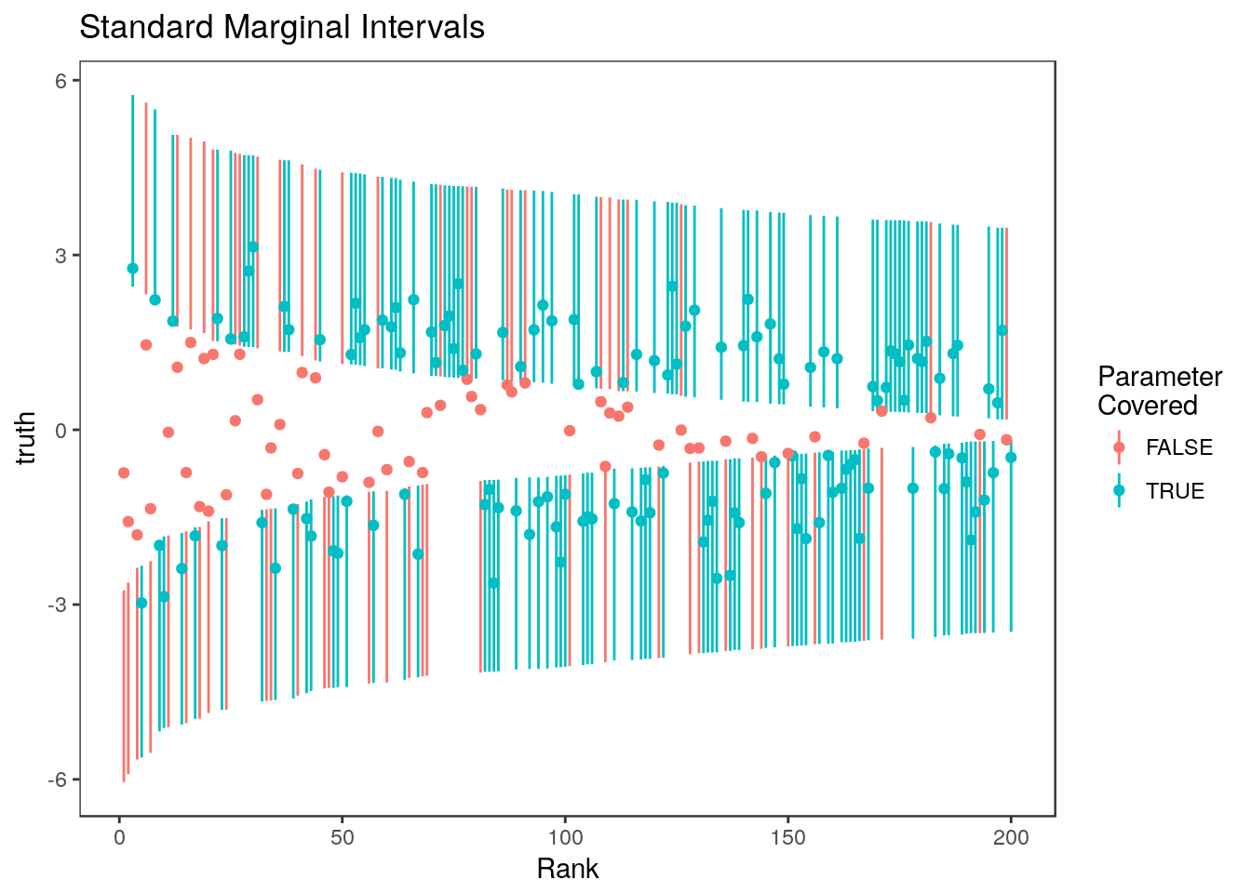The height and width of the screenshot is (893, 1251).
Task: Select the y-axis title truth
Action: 27,438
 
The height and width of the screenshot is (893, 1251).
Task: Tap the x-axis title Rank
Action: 568,869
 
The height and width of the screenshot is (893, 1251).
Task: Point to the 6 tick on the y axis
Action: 62,81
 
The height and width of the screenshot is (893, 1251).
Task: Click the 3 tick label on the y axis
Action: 62,256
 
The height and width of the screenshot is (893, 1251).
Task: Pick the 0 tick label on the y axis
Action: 62,431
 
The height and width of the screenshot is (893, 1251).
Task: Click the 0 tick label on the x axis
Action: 119,838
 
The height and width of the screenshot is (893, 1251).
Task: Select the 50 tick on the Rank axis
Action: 342,838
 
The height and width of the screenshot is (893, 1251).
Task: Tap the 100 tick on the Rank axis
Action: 565,838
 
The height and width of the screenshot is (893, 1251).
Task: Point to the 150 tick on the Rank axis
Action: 787,838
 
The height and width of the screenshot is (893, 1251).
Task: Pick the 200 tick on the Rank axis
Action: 1011,838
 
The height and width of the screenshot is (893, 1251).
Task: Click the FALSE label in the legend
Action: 1178,447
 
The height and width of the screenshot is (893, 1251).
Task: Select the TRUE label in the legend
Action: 1175,491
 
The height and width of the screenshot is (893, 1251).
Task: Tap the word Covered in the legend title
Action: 1148,406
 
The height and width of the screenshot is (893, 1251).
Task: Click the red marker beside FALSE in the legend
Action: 1119,447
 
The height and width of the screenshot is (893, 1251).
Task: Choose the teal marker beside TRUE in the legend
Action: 1119,491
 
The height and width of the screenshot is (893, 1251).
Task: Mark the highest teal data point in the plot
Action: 252,247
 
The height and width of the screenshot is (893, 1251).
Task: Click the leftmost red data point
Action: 124,473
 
